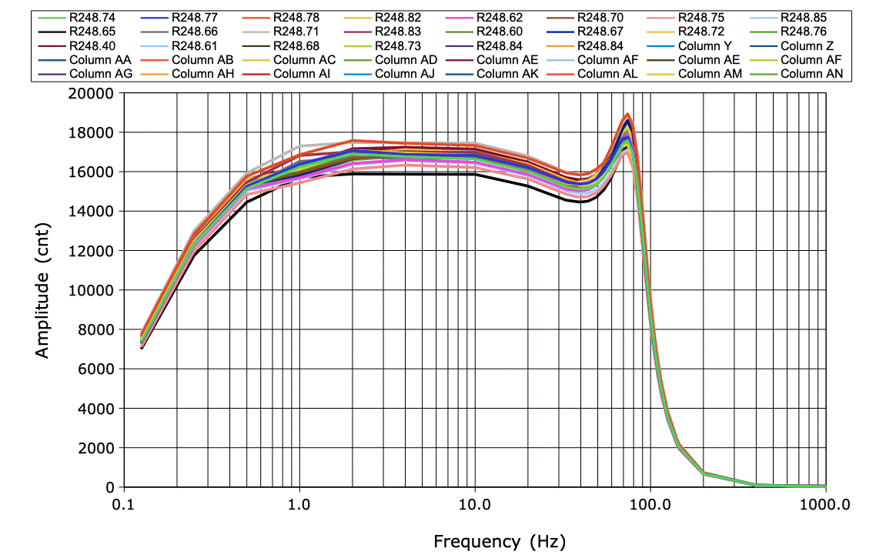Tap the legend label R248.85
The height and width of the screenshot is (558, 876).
(x=802, y=17)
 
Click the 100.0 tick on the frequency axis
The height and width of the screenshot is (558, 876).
(x=650, y=505)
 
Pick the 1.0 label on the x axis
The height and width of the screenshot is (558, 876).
(x=299, y=505)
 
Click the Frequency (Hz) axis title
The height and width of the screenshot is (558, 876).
(x=499, y=541)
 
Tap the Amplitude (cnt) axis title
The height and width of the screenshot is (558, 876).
(x=42, y=289)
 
